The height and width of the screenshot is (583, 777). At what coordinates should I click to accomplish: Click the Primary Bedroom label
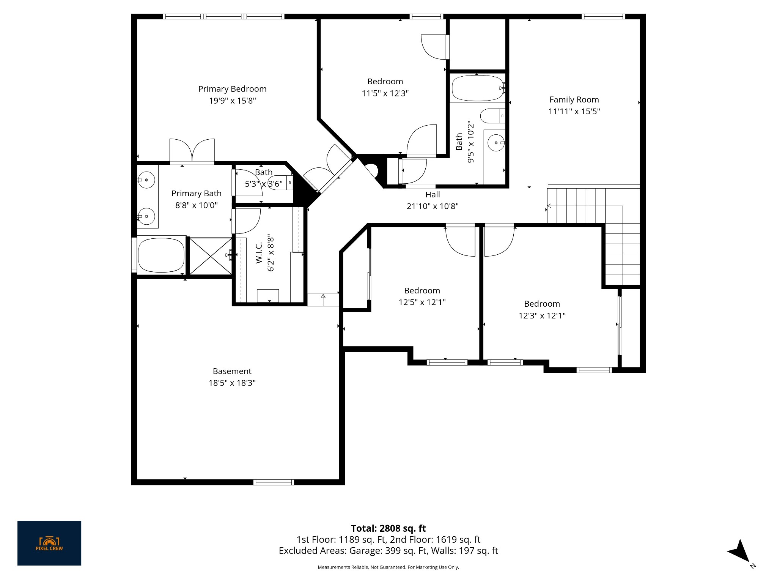pyautogui.click(x=232, y=89)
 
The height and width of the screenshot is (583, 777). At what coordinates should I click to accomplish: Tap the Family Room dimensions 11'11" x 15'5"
pyautogui.click(x=574, y=112)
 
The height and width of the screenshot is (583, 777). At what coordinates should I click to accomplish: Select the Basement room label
pyautogui.click(x=232, y=371)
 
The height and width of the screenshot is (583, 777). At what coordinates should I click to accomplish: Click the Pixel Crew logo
pyautogui.click(x=49, y=543)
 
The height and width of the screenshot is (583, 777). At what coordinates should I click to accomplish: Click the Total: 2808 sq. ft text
pyautogui.click(x=388, y=528)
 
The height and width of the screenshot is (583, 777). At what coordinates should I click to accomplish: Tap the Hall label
pyautogui.click(x=433, y=195)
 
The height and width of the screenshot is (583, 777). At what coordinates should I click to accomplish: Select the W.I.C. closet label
pyautogui.click(x=259, y=253)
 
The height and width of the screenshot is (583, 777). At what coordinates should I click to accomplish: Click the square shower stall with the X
pyautogui.click(x=210, y=256)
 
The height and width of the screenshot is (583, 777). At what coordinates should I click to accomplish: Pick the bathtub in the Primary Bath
pyautogui.click(x=161, y=255)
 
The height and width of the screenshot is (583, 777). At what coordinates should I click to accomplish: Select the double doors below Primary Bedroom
pyautogui.click(x=192, y=151)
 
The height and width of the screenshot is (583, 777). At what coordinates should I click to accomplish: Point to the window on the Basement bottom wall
pyautogui.click(x=274, y=482)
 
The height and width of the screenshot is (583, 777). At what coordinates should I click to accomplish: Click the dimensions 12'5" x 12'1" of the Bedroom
pyautogui.click(x=422, y=303)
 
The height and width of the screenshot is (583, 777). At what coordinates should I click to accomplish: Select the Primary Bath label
pyautogui.click(x=196, y=194)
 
